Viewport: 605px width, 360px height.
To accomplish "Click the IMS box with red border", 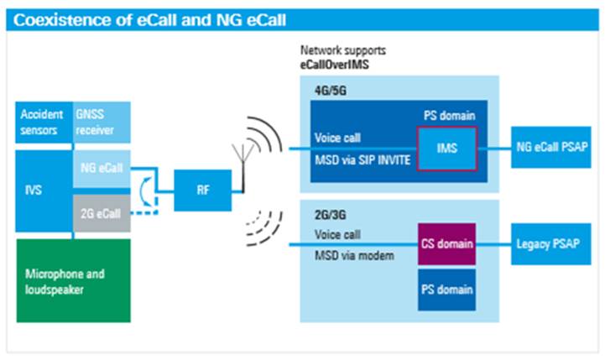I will coord(446,149).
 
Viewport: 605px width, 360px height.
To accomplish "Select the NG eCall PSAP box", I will coord(550,149).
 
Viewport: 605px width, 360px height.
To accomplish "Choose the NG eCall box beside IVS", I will coord(101,170).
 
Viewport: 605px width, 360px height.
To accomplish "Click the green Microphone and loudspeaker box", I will coord(72,280).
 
